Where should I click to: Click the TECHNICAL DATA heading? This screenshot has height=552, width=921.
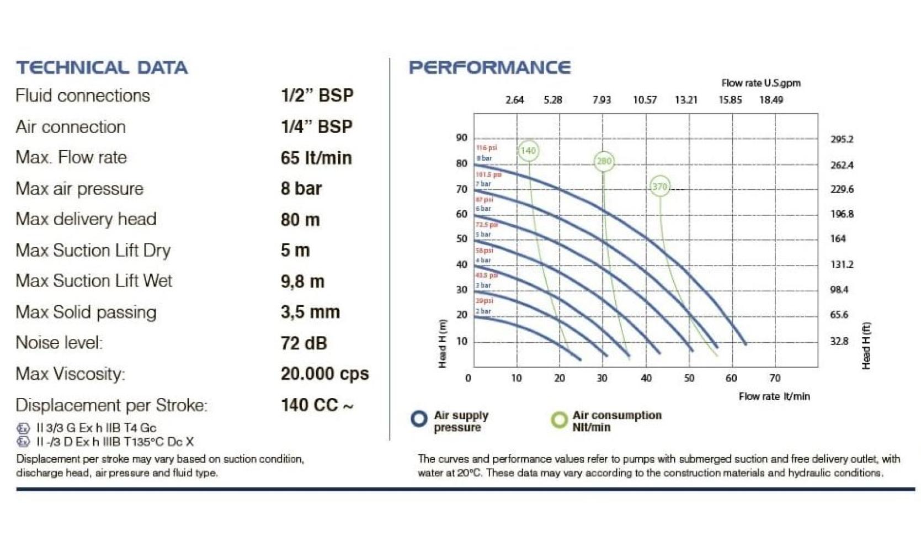tap(102, 67)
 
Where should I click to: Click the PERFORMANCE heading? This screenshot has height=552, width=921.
tap(489, 67)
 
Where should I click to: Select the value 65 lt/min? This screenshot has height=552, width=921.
tap(316, 158)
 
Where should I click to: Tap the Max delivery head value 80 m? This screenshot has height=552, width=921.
tap(300, 220)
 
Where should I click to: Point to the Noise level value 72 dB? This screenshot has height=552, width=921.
tap(304, 343)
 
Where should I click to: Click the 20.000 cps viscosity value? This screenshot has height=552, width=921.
tap(324, 374)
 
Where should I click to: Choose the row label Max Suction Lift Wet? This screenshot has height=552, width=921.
tap(94, 281)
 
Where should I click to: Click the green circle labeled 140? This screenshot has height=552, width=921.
tap(528, 151)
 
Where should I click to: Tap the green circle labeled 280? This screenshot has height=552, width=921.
tap(604, 161)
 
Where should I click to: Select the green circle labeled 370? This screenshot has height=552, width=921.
tap(659, 187)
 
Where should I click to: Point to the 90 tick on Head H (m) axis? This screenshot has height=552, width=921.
tap(462, 137)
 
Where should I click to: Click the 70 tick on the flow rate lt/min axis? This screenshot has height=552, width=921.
tap(775, 378)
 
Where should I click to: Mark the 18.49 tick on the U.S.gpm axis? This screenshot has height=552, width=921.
tap(771, 100)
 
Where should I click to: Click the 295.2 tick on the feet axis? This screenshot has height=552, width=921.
tap(842, 139)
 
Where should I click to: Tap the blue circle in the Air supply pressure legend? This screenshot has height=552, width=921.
tap(419, 419)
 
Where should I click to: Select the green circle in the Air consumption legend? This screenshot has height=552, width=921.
tap(559, 420)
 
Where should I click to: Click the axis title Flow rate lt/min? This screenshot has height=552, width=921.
tap(774, 396)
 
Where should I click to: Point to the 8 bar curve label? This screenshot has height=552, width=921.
tap(484, 158)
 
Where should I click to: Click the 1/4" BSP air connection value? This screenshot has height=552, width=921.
tap(316, 127)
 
